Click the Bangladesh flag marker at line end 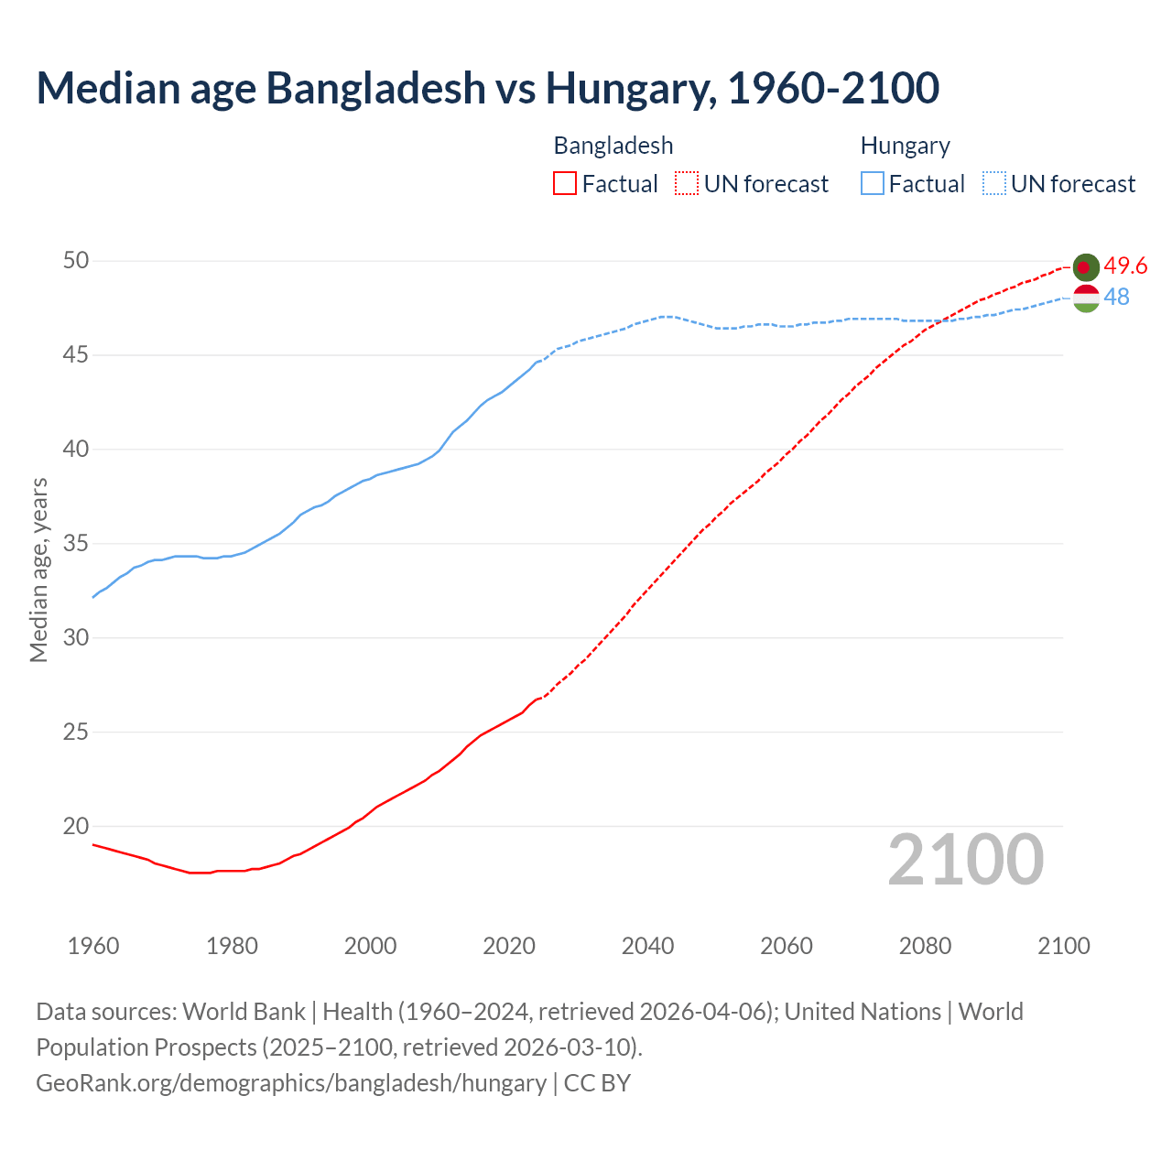click(x=1086, y=266)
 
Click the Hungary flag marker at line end click(x=1086, y=298)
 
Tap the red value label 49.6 click(x=1125, y=266)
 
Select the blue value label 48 click(x=1116, y=297)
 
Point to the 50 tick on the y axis click(x=76, y=261)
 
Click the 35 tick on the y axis click(x=76, y=544)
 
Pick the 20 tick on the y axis click(x=76, y=826)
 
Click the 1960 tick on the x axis click(x=93, y=946)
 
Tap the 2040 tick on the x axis click(x=647, y=946)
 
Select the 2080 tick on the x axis click(x=925, y=946)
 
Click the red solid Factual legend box click(x=565, y=184)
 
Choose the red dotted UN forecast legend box click(x=687, y=184)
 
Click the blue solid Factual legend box click(x=873, y=184)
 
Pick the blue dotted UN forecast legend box click(x=994, y=184)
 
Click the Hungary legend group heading click(x=905, y=146)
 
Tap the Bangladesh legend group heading click(x=613, y=146)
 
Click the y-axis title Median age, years click(x=38, y=570)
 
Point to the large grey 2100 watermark click(x=965, y=859)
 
